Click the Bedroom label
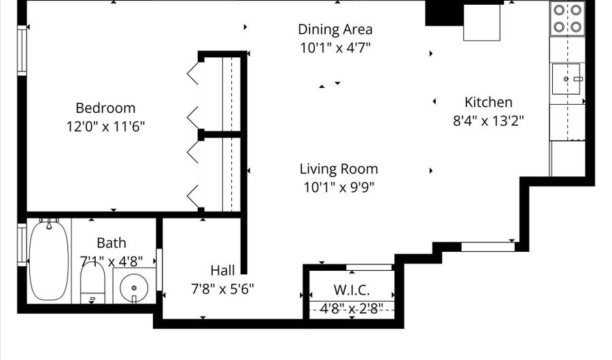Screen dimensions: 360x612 tap(105, 108)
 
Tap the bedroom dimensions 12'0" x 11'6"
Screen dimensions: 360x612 tap(105, 126)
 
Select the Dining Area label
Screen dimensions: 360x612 tap(335, 29)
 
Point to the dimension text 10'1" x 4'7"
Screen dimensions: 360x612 tap(335, 48)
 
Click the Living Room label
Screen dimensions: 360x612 tap(339, 169)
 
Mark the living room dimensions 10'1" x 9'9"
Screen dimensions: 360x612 tap(339, 186)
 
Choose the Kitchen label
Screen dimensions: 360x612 tap(488, 102)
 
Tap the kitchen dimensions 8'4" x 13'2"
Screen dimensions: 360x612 tap(488, 120)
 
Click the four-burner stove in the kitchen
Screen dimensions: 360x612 tap(567, 18)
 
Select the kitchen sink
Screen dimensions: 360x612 tap(567, 80)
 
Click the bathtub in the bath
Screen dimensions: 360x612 tap(48, 260)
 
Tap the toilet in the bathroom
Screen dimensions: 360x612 tap(92, 282)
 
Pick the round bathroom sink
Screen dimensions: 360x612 tap(133, 289)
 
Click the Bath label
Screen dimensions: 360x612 tap(111, 243)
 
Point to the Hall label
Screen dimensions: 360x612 tap(222, 270)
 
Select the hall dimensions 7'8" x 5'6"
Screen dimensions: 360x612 tap(222, 288)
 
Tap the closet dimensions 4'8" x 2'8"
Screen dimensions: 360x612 tap(352, 308)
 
